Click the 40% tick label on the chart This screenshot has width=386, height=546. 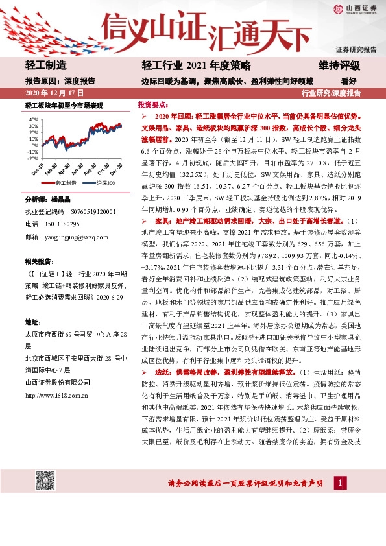click(x=32, y=119)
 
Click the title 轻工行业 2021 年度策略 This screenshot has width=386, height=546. click(x=186, y=66)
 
